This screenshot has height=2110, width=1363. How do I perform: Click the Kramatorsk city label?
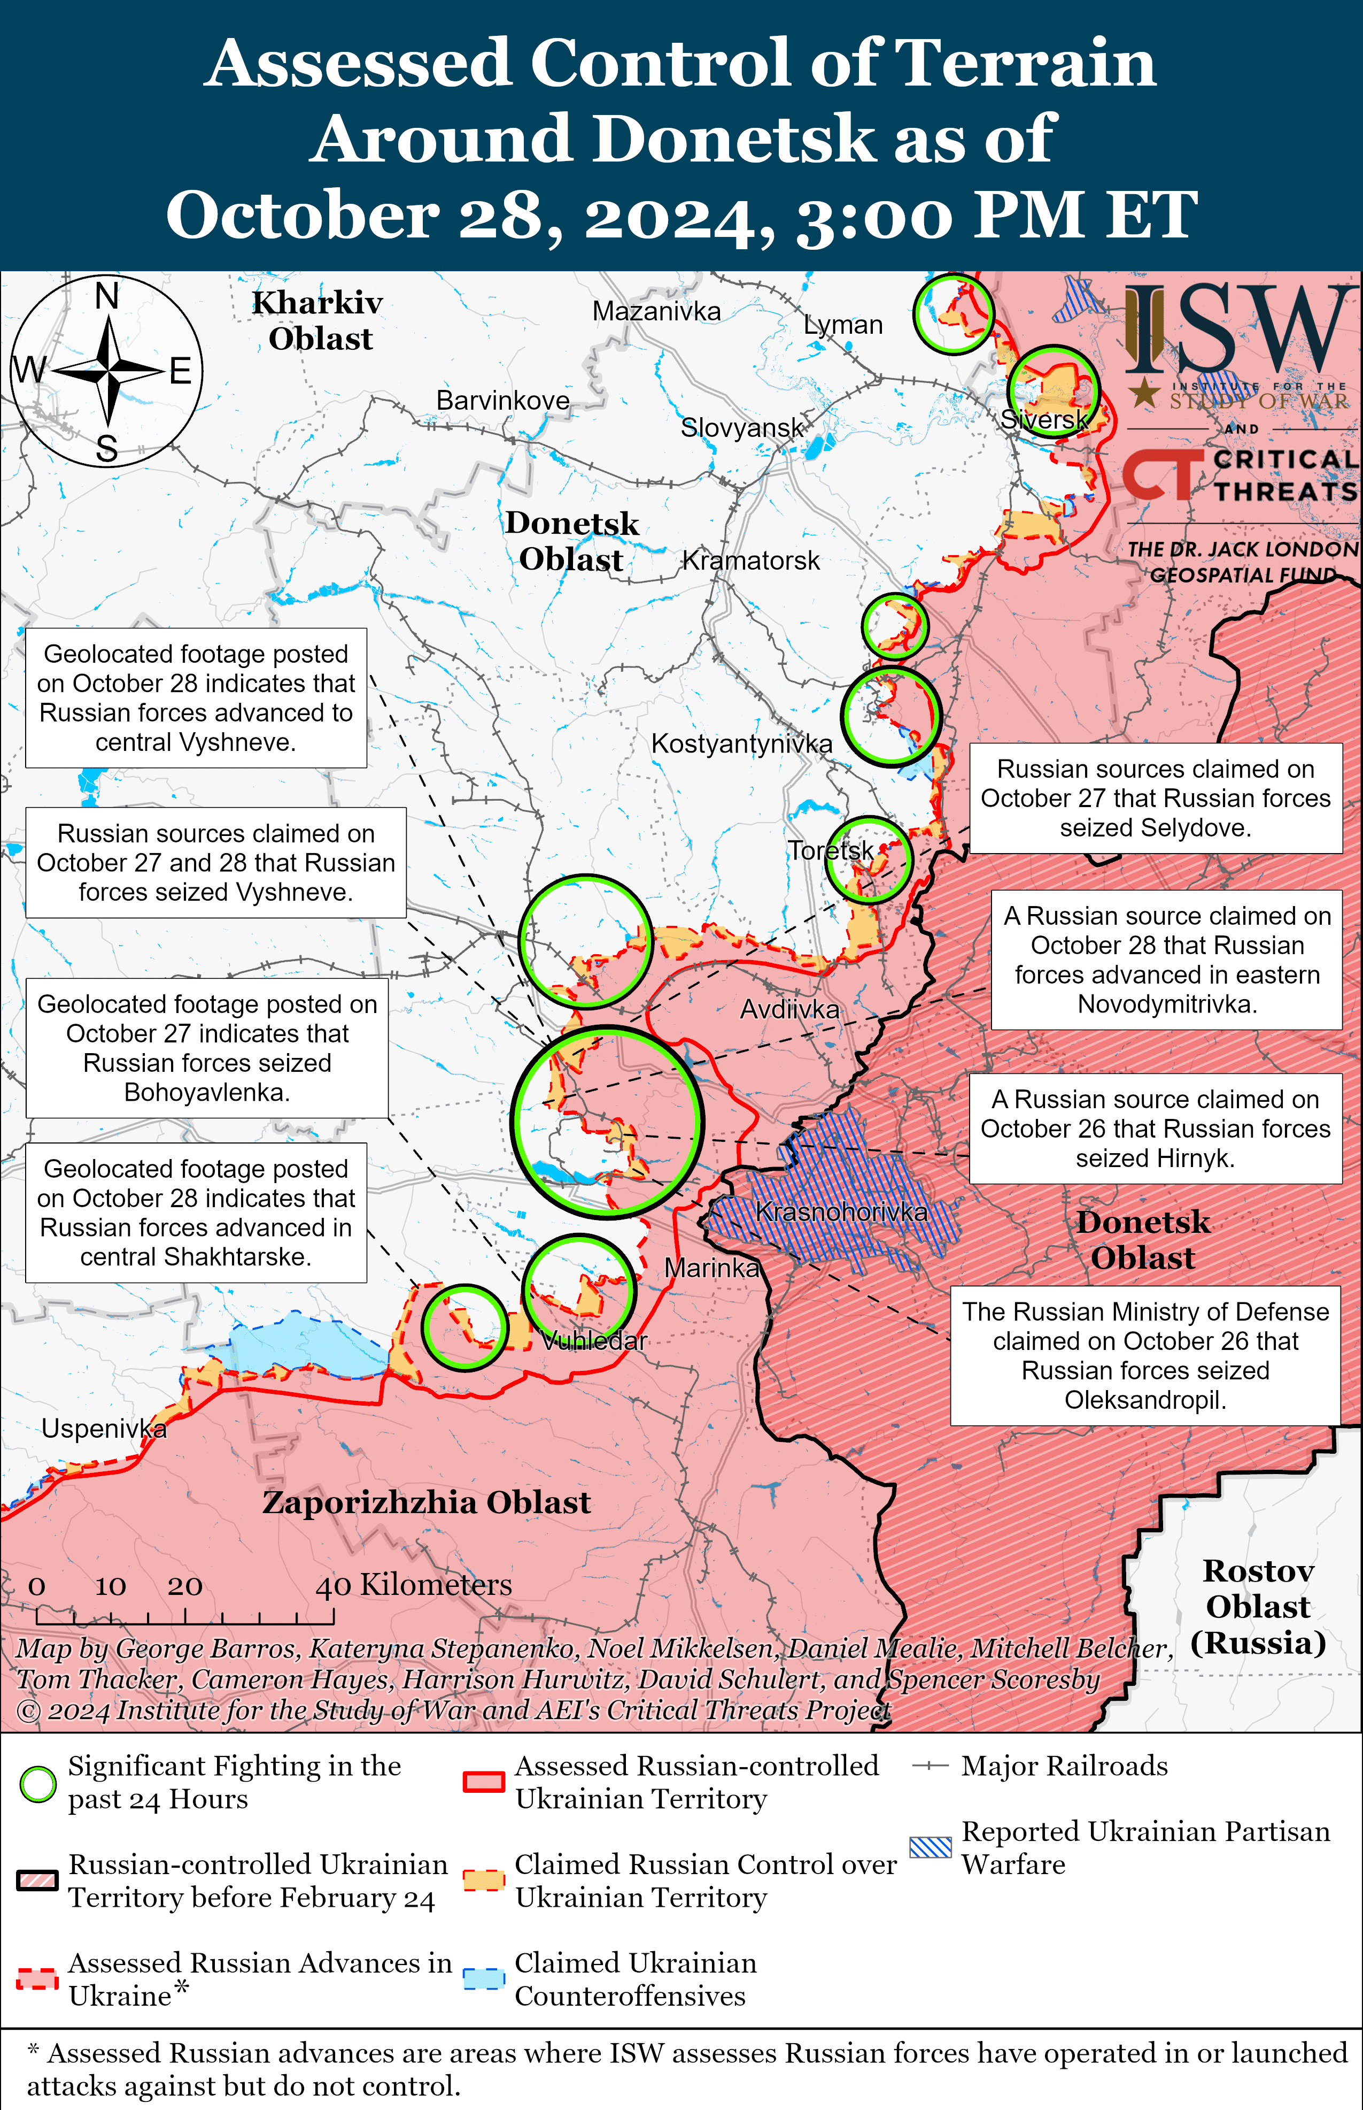point(750,561)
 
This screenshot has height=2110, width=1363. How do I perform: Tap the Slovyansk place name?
point(742,428)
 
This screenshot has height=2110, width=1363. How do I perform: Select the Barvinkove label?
point(503,400)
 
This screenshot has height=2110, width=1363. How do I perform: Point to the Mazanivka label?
point(656,312)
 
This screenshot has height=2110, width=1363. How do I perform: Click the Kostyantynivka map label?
point(742,744)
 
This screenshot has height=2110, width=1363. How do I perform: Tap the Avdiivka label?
point(789,1009)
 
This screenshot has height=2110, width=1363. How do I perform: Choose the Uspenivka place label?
point(104,1428)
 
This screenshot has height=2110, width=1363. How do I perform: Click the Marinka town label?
point(711,1268)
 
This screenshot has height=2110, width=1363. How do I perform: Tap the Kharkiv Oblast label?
point(319,320)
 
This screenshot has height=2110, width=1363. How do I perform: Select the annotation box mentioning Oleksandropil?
point(1145,1356)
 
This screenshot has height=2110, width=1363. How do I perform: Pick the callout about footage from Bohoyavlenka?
point(206,1047)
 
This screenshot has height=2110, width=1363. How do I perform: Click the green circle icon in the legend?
point(38,1784)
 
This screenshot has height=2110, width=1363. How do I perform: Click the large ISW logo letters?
point(1239,329)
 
